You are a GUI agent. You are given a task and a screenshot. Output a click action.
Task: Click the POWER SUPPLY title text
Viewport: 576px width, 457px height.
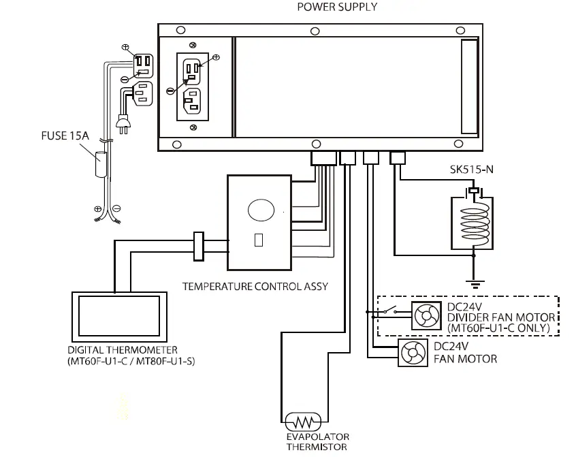coord(337,7)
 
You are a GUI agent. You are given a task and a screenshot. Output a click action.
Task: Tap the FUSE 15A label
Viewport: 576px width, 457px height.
coord(65,136)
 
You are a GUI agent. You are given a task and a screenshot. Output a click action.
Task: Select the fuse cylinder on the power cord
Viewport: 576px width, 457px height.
coord(101,165)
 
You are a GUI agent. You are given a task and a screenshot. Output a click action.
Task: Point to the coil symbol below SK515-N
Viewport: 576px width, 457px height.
coord(475,221)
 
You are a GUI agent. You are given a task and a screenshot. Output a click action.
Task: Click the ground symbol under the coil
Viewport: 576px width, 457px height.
coord(475,281)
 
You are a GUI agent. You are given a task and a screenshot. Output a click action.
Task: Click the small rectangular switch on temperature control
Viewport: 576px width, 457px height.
coord(259,240)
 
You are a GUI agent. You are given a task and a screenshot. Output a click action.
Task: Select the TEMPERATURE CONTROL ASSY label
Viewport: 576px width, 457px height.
coord(255,286)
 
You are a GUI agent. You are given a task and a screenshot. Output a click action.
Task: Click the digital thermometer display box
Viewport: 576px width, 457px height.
coord(119,315)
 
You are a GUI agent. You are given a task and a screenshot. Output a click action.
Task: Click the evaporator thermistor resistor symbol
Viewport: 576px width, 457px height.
coord(306,420)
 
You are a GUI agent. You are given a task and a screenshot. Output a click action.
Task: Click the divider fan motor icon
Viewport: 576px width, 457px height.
coord(425,316)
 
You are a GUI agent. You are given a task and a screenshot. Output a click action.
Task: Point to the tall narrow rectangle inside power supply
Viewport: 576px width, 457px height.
coord(470,86)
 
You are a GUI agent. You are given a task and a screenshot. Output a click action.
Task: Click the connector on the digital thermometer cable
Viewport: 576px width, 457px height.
coord(199,247)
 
